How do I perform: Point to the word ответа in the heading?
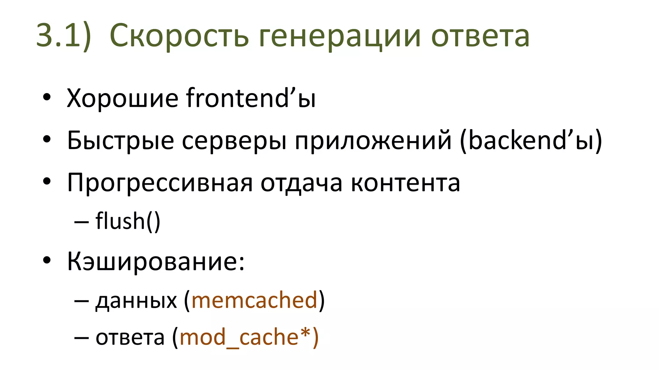tap(480, 36)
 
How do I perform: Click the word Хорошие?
tap(122, 98)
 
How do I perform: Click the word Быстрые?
tap(120, 141)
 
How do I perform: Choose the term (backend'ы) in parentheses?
tap(531, 140)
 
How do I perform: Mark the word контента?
tap(405, 183)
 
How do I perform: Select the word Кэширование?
tap(156, 261)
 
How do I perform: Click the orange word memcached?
tap(255, 300)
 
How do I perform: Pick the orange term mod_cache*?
tap(245, 337)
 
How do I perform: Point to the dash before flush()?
tap(81, 222)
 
